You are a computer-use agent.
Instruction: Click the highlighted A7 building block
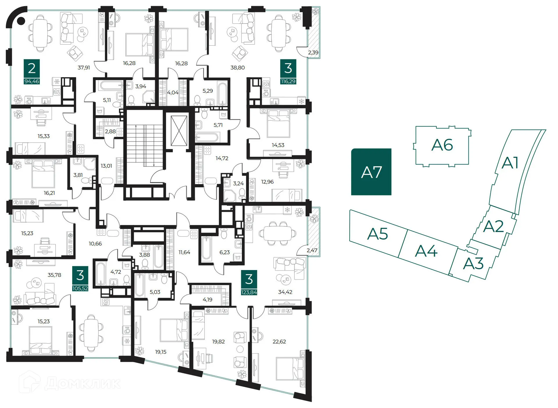tap(371, 172)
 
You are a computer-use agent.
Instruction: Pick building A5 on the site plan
tap(377, 234)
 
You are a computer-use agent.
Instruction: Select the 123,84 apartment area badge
tap(249, 292)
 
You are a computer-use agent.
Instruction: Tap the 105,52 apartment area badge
tap(80, 288)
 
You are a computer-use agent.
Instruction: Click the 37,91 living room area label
tap(84, 68)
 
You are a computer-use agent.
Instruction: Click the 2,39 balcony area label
tap(313, 53)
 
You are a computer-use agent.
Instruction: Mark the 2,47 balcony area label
tap(312, 250)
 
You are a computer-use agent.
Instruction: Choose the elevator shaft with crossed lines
tap(179, 131)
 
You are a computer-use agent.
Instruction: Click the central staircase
tap(145, 145)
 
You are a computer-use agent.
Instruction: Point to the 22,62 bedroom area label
tap(279, 342)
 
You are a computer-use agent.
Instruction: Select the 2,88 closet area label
tap(110, 132)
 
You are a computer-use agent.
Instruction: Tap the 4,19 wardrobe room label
tap(208, 300)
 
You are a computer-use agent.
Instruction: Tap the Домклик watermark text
tap(83, 383)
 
